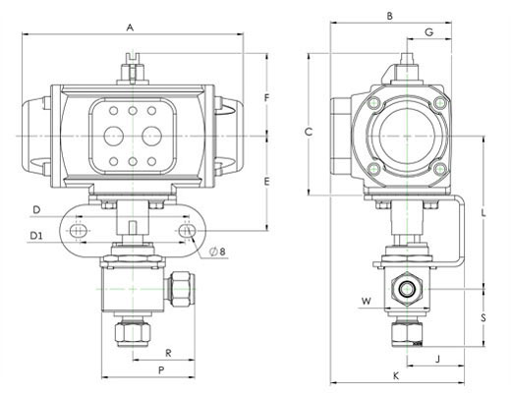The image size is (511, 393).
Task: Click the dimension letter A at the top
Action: point(131,28)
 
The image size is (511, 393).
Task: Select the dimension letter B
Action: point(389,16)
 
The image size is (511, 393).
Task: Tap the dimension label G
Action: point(428,32)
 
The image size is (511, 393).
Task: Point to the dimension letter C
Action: point(309,132)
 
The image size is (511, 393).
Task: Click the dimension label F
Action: point(267,98)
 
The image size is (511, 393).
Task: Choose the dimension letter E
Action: point(267,181)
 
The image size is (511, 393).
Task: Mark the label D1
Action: point(36,236)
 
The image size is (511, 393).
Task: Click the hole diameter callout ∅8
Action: point(218,252)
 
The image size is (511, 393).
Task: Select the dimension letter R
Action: point(168,353)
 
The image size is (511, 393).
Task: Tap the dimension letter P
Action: point(161,370)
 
